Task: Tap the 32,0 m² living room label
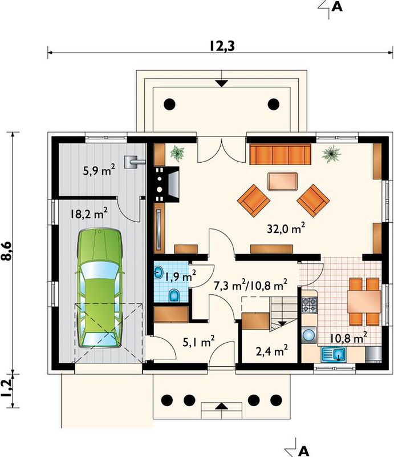click(286, 229)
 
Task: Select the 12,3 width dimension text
click(222, 46)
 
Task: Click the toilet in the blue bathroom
click(174, 295)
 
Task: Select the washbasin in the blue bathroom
click(159, 272)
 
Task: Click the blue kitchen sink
click(334, 354)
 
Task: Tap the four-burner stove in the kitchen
click(309, 305)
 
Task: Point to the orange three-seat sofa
click(280, 155)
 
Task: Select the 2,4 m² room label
click(272, 352)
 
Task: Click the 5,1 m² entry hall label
click(199, 342)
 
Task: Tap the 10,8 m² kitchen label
click(348, 338)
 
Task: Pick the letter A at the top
click(337, 6)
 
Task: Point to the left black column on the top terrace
click(170, 104)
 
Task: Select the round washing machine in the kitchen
click(309, 335)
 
